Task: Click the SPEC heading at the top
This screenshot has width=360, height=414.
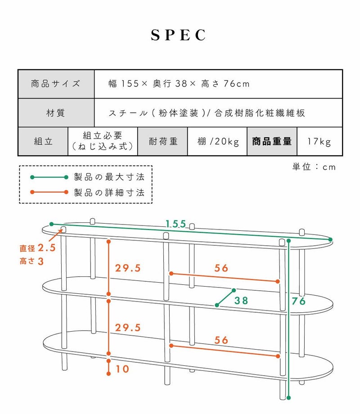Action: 179,35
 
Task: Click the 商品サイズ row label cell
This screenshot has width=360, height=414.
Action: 56,84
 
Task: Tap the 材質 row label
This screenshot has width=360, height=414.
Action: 56,113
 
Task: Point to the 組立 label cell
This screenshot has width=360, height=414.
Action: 43,141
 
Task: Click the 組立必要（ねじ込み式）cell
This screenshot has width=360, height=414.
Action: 103,141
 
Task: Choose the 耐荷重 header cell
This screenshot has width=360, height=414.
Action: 163,141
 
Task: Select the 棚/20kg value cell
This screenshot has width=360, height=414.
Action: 217,141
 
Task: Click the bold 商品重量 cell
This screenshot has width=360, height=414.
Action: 272,141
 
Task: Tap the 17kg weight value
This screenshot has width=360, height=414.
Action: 319,141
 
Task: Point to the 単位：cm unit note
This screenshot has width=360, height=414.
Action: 314,167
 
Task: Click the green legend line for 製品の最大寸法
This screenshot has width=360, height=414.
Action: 49,177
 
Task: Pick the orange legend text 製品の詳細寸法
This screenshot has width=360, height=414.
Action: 109,193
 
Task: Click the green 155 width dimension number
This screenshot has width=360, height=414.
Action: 176,224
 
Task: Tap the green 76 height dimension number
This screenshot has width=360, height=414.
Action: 298,301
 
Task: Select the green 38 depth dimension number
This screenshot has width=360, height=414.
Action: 241,301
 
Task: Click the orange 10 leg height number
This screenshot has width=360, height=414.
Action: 122,369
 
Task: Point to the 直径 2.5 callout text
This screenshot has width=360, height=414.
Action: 37,248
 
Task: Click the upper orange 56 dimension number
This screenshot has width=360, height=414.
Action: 221,268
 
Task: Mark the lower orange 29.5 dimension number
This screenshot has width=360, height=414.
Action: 128,328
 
